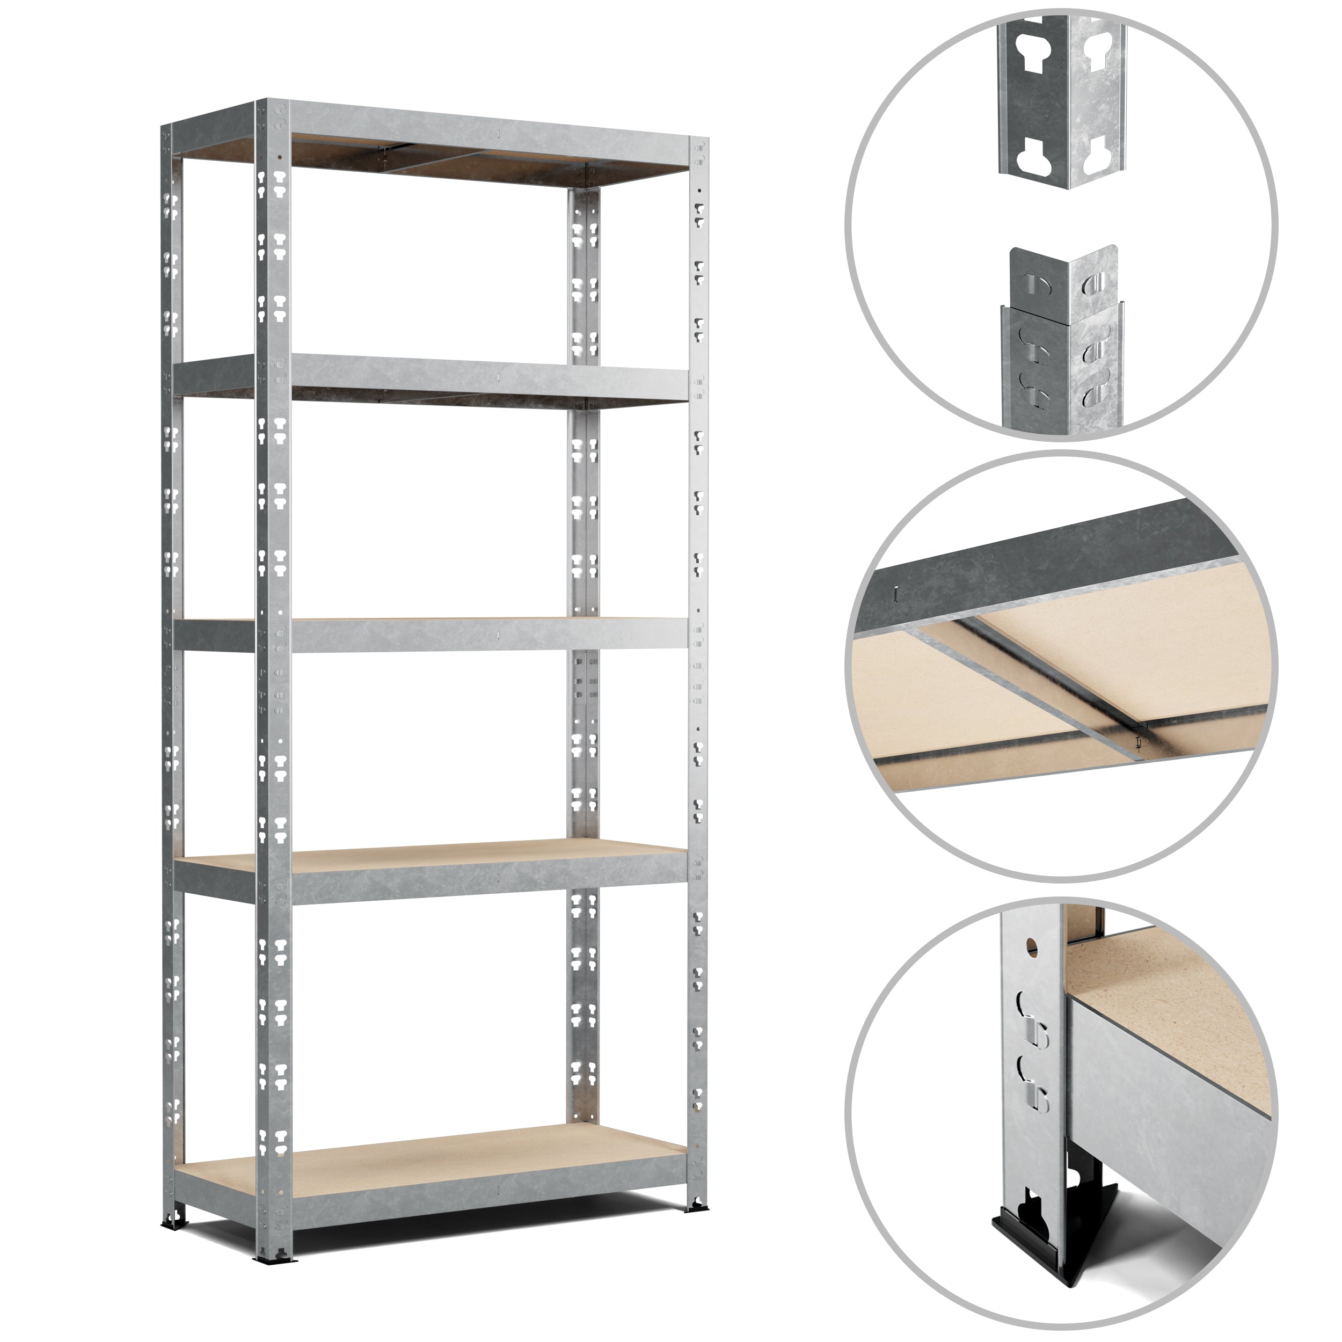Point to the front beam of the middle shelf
click(486, 634)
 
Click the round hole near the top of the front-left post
click(279, 157)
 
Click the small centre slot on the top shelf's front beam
click(499, 132)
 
